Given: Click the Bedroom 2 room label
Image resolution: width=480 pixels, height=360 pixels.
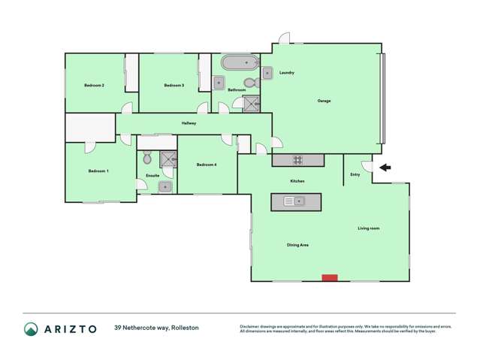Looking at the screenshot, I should coord(93,86).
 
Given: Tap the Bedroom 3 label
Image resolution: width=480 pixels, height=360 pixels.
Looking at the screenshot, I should coord(174,86).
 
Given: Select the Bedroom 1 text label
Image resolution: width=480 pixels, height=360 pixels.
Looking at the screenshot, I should coord(98,171).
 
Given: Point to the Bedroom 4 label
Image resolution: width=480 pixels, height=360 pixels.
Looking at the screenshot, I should coord(207,165).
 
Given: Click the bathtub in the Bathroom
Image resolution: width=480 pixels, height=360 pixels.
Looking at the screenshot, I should coord(240,62).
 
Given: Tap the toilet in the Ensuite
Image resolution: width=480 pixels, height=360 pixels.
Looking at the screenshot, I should coord(147,159).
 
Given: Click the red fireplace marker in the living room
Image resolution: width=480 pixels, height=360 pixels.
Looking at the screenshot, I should coord(329,278).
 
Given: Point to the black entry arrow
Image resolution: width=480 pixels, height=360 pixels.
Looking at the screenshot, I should coord(384,168).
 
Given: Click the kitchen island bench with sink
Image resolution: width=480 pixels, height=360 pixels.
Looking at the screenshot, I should coord(296,201).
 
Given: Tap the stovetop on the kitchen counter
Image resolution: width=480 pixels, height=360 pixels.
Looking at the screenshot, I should coord(297,159).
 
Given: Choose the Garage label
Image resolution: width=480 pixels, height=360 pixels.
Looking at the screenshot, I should coord(324,101).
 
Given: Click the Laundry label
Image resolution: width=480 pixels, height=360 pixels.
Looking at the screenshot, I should coord(286,73).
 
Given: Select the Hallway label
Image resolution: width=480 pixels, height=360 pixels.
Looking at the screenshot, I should coord(189,124).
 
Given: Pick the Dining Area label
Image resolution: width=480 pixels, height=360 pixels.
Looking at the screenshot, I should coord(297,245).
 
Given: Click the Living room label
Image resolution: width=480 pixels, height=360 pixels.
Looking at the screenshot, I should coord(368,228).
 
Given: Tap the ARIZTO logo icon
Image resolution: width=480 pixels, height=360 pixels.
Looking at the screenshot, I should coord(31,328).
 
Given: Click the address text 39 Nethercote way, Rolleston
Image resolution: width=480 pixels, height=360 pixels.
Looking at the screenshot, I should coord(156,328).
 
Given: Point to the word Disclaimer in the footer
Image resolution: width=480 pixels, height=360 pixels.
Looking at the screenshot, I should coord(249,326).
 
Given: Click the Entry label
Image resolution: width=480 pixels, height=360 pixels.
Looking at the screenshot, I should coord(355,175).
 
